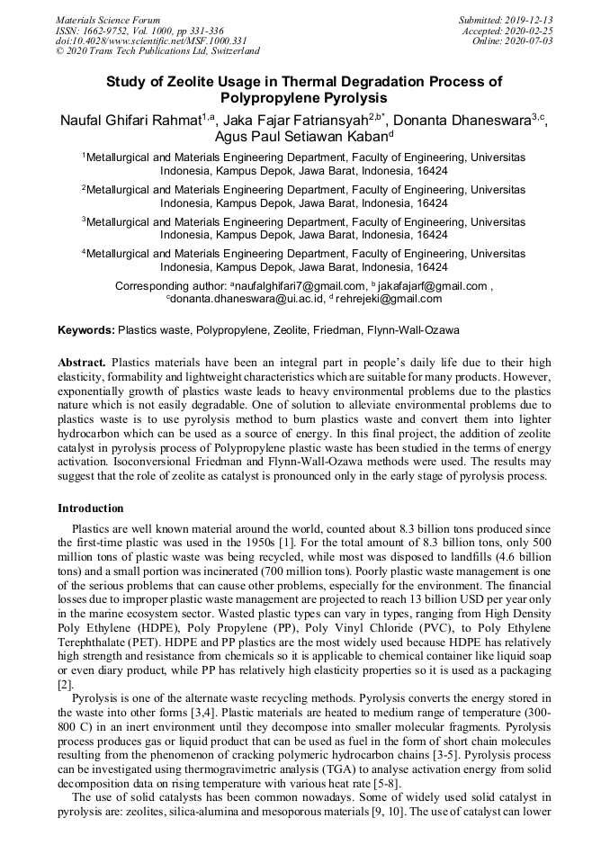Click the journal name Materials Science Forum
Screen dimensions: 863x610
[x=108, y=20]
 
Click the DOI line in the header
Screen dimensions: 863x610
[x=151, y=41]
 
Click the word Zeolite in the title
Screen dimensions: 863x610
[x=202, y=81]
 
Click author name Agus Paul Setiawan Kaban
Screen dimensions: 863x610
[x=301, y=139]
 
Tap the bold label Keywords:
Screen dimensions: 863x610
[x=86, y=330]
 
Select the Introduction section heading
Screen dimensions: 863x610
[x=91, y=508]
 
